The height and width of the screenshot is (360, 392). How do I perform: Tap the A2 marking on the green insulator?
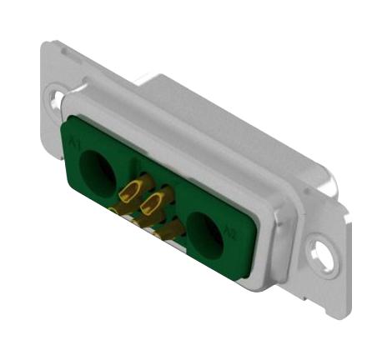(x=232, y=236)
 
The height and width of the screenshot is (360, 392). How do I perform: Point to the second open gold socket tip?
(x=153, y=202)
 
